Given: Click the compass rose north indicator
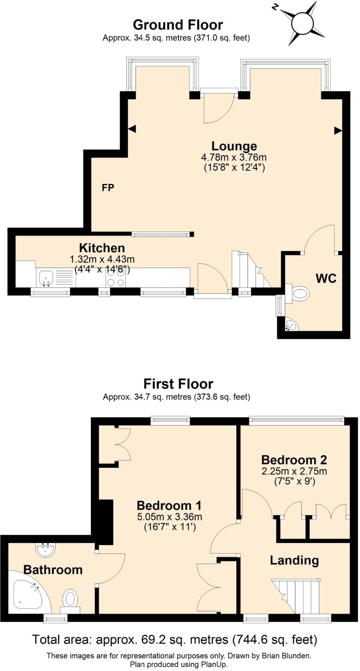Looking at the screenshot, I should pos(275,7).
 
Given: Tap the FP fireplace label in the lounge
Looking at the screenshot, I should pos(108,187).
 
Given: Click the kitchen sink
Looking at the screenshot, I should pos(46,278).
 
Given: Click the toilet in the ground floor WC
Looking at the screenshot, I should pos(300,293).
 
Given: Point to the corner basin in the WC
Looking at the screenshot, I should pos(290,325).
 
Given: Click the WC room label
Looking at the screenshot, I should pos(326,278).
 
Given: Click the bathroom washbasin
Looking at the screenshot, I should pos(46,550).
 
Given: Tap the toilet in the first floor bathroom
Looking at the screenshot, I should pos(70,599).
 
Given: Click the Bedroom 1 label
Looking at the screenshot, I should pos(169,506).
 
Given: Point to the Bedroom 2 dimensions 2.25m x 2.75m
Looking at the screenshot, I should pos(294,471).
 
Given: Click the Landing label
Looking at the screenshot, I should pos(294,560).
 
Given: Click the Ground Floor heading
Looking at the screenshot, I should pos(178,25).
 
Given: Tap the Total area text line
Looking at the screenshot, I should pos(174,639).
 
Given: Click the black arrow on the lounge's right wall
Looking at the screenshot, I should pos(338,131).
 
